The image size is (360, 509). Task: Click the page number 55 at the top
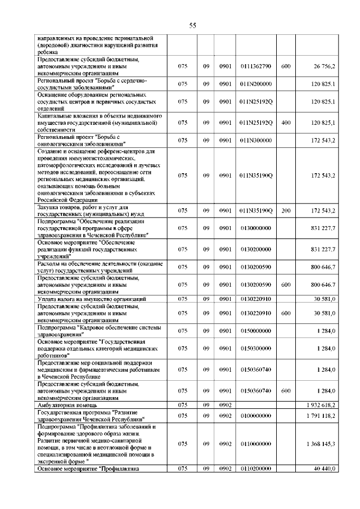coord(192,25)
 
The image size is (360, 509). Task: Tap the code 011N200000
coord(255,84)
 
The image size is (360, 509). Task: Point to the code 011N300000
coord(255,139)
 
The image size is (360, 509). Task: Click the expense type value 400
coord(285,122)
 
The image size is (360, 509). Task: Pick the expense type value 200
coord(285,211)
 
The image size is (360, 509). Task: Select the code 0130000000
coord(255,228)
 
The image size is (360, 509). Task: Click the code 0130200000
coord(255,249)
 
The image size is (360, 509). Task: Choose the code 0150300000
coord(255,349)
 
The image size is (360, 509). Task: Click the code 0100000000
coord(255,416)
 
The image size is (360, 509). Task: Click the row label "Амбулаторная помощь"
coord(67,405)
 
